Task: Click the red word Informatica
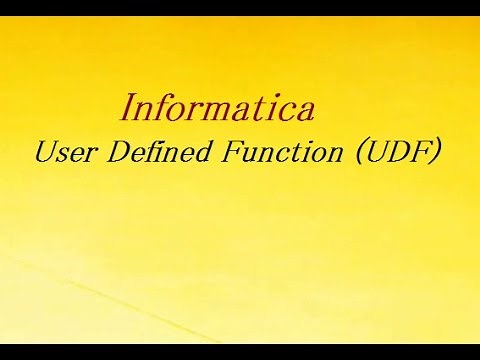coord(221,105)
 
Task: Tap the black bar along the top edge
coord(240,7)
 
